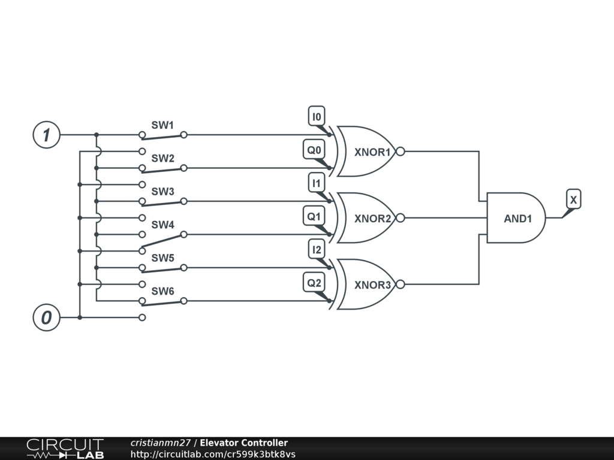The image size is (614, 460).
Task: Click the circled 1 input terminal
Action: click(x=46, y=135)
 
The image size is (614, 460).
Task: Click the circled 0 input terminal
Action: click(x=46, y=317)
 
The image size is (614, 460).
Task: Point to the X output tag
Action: click(x=573, y=200)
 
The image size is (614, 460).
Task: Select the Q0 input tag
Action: click(x=314, y=150)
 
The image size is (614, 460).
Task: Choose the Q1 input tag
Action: click(x=314, y=216)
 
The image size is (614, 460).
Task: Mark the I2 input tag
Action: click(x=317, y=249)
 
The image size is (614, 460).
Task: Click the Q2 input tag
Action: click(x=314, y=282)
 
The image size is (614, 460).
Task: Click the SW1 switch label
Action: click(x=162, y=125)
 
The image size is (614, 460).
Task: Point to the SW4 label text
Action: click(x=162, y=225)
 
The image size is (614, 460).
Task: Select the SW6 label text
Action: click(x=162, y=291)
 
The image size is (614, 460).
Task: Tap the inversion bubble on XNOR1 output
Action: click(x=401, y=152)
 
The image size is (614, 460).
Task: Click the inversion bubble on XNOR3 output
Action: click(x=401, y=285)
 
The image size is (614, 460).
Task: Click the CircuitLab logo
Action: click(x=65, y=449)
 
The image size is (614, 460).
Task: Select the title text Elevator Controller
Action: click(x=243, y=443)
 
